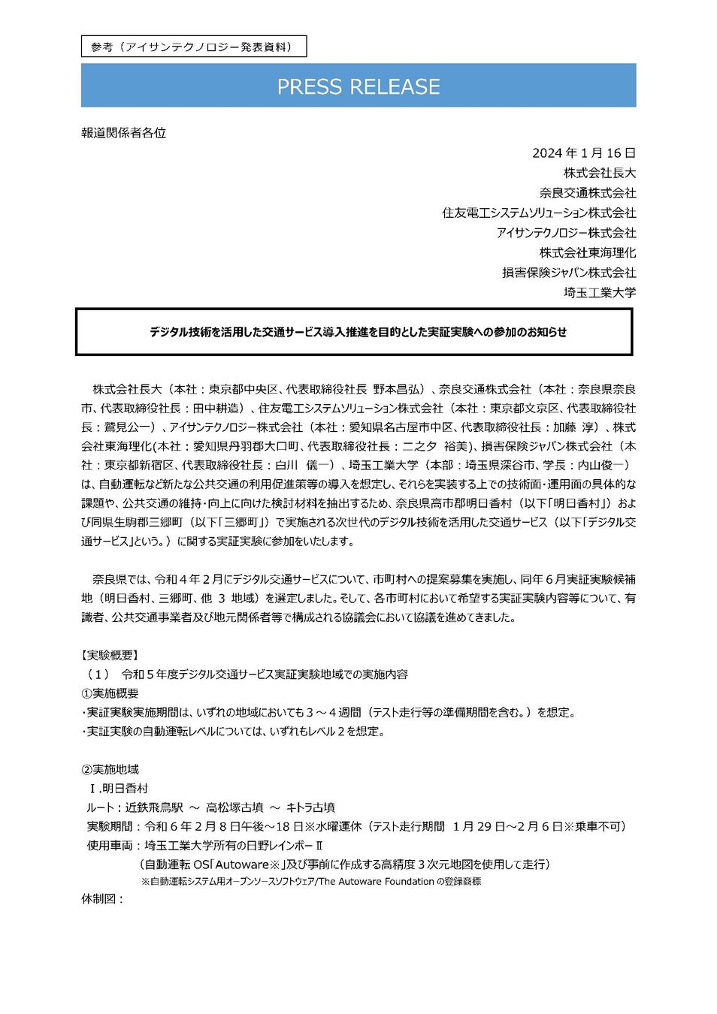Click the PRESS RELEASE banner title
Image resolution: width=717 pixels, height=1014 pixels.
coord(358,86)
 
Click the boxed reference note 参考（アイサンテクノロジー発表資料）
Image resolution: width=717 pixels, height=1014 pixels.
coord(193,47)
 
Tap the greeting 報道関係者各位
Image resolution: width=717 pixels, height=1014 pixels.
coord(123,133)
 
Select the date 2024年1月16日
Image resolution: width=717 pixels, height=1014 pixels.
coord(583,153)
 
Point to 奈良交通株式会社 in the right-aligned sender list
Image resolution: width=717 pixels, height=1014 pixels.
coord(587,193)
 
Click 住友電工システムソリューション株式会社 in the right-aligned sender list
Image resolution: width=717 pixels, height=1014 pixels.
coord(538,213)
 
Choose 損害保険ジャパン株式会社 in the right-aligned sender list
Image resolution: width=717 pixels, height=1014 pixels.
coord(568,273)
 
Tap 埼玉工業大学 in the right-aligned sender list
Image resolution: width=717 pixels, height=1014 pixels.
coord(599,292)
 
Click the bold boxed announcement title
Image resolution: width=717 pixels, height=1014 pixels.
coord(358,332)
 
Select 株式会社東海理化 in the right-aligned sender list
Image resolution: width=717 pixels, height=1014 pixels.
coord(587,252)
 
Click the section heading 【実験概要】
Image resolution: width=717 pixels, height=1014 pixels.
coord(110,655)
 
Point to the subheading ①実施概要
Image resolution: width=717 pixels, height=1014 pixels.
coord(110,693)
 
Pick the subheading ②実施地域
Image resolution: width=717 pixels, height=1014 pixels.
coord(110,769)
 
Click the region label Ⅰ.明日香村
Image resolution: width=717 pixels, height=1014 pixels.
coord(119,788)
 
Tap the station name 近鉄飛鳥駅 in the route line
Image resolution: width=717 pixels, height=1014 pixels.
coord(154,807)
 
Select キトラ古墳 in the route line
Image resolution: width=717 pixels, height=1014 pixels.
coord(310,807)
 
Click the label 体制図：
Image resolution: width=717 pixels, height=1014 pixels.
coord(102,898)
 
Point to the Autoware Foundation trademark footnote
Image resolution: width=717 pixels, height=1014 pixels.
coord(311,881)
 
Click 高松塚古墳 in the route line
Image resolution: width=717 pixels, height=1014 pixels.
coord(234,807)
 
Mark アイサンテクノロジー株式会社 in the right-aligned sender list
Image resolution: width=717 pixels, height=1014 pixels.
coord(565,233)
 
